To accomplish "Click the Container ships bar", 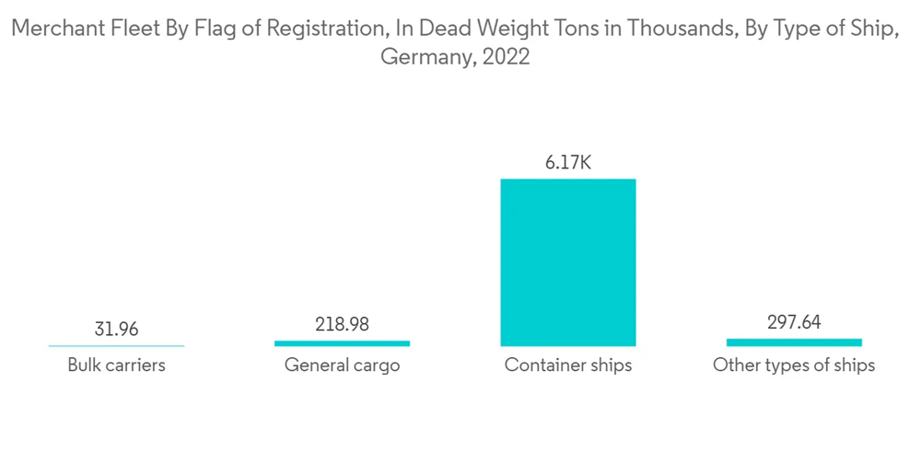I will click(x=567, y=261).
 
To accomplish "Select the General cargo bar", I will click(x=342, y=342).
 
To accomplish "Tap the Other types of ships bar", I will click(x=793, y=342).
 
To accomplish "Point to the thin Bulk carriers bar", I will click(x=116, y=345).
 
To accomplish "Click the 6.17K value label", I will click(x=567, y=163).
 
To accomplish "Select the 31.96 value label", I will click(x=116, y=329).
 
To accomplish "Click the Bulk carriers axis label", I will click(x=116, y=365).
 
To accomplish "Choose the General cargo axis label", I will click(x=342, y=365).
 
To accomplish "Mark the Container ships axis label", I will click(x=567, y=365).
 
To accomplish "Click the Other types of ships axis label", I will click(x=793, y=365).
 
